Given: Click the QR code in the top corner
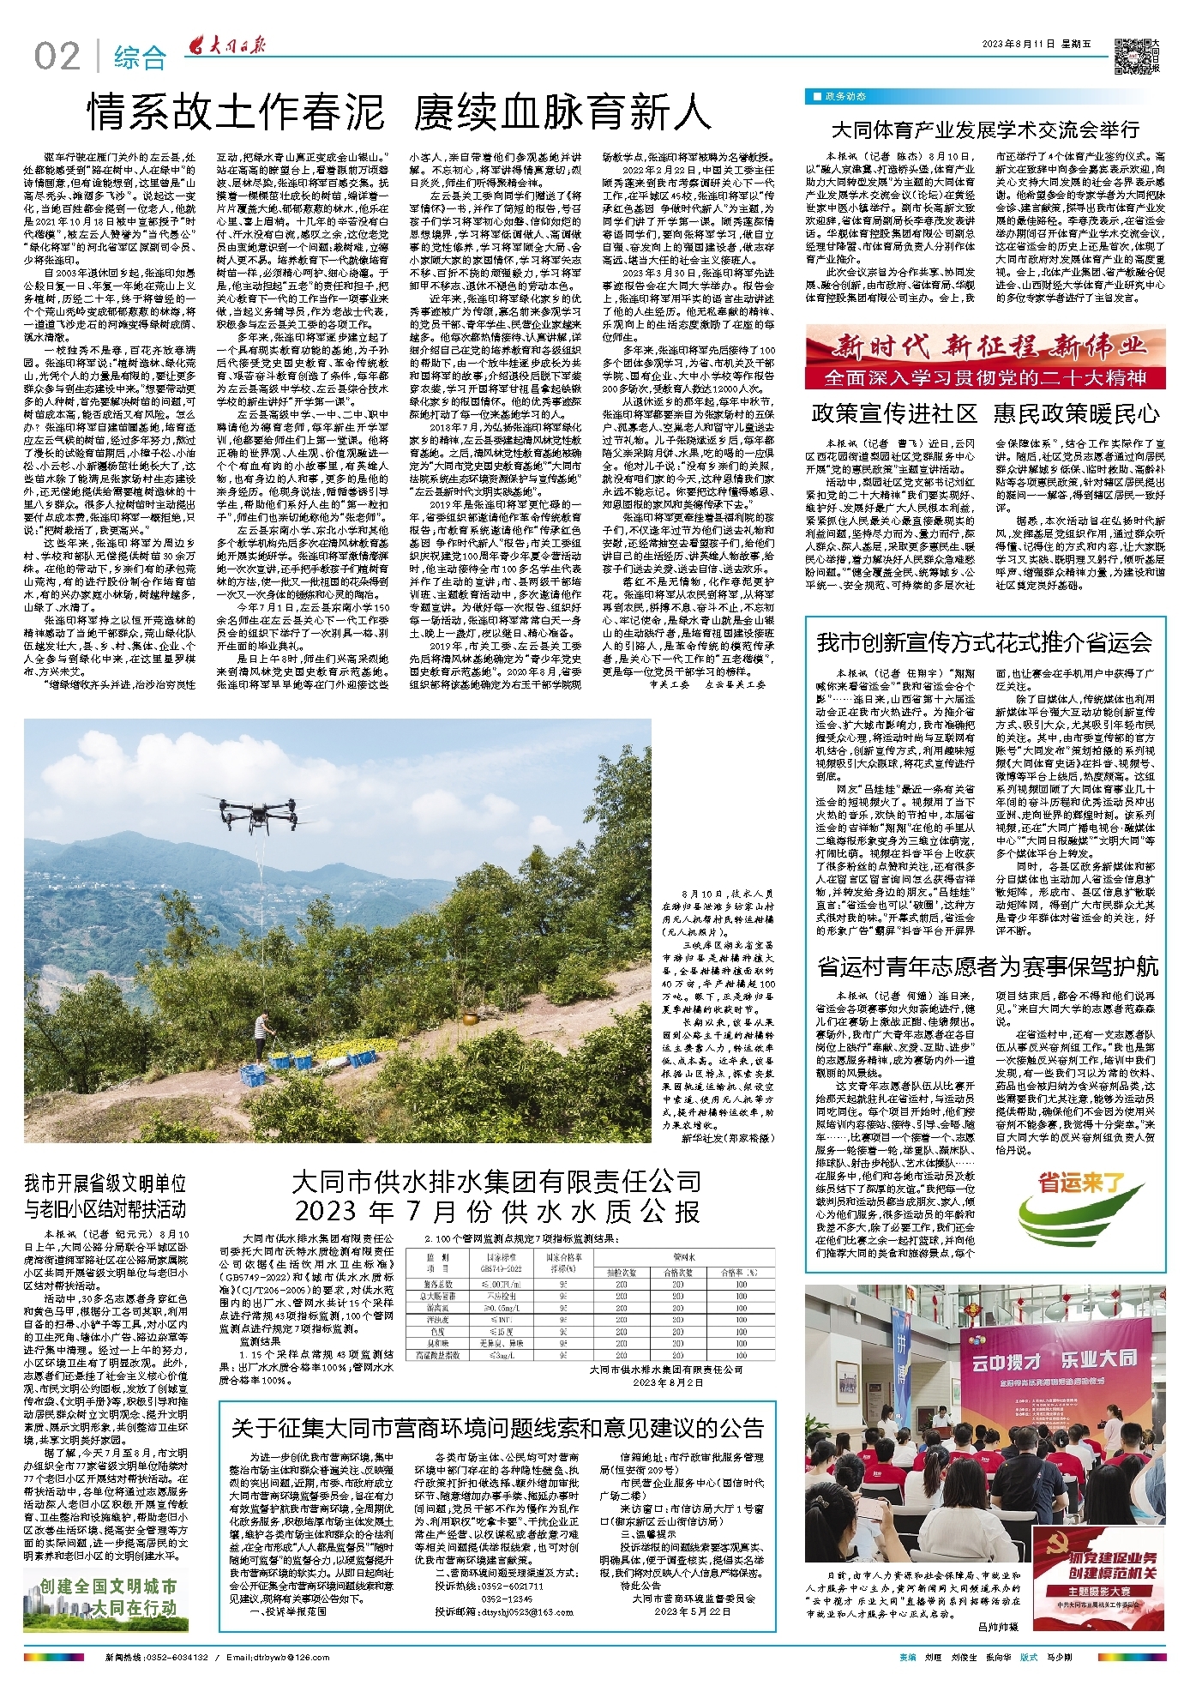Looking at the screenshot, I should point(1131,57).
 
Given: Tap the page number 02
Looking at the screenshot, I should point(58,57).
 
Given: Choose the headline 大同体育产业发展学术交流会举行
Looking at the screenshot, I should point(984,129).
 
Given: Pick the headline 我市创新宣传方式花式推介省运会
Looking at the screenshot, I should point(984,641).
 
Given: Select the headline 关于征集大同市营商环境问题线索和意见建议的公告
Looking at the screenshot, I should point(497,1427).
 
